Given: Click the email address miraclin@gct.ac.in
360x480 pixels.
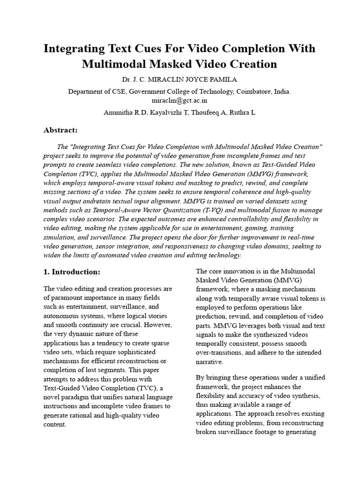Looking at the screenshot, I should point(180,100).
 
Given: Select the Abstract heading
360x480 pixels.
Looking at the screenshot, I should point(60,130).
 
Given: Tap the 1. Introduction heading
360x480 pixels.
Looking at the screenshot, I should point(72,272).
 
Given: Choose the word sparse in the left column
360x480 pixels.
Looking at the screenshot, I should point(162,343).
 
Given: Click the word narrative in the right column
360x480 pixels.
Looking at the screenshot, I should point(209,362).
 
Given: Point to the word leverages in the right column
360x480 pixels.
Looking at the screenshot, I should point(245,325).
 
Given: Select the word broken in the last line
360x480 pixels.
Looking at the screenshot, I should point(207,432).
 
